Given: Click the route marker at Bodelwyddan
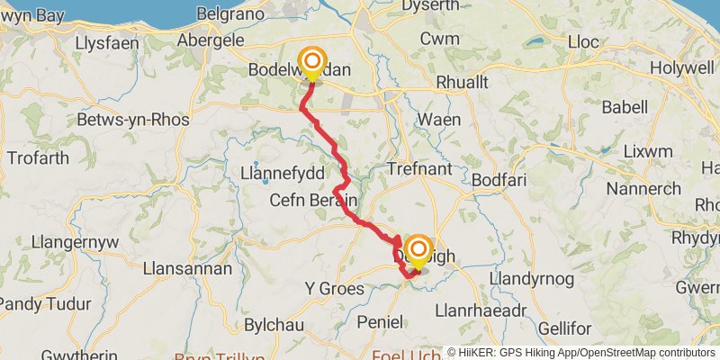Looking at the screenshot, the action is (x=312, y=63).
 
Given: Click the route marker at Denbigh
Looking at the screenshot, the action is (x=418, y=250).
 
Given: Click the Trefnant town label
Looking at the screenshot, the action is (x=418, y=168).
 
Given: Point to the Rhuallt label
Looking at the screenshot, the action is (x=462, y=82).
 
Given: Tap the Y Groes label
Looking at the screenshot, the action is (x=335, y=289).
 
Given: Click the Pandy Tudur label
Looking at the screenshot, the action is (x=41, y=301).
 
